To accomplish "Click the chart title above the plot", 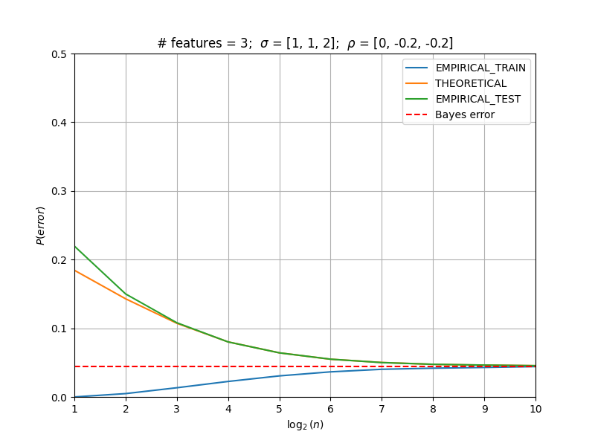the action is click(305, 43).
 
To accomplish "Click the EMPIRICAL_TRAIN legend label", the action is click(480, 68).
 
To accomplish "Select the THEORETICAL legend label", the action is click(471, 83).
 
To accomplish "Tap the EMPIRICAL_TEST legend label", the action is click(477, 99).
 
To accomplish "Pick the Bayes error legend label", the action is click(465, 114).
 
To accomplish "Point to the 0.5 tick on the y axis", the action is click(59, 54).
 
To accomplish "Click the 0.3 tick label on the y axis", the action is click(59, 191).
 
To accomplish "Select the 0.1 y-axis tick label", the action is click(59, 329).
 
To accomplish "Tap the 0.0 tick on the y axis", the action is click(59, 398).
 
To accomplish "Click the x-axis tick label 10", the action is click(535, 409).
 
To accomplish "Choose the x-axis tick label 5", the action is click(280, 409).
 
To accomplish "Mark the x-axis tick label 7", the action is click(382, 409).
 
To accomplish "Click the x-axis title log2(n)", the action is click(305, 424).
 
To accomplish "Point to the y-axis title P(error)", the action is click(40, 226).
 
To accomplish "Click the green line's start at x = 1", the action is click(75, 247).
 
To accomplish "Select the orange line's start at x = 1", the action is click(75, 271).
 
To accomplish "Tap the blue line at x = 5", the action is click(280, 376).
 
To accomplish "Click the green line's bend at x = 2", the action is click(126, 294).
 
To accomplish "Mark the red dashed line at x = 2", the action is click(126, 366).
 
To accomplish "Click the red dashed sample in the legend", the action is click(416, 114).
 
